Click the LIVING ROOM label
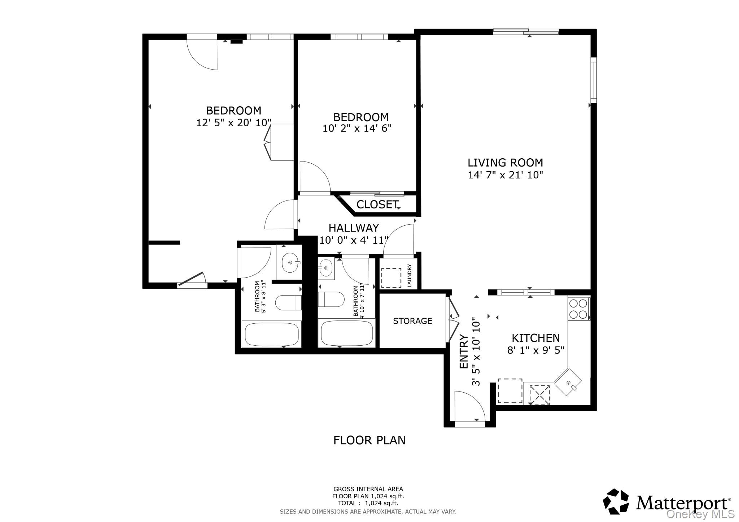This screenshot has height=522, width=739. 505,163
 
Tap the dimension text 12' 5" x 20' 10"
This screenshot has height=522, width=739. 233,123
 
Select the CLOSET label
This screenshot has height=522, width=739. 377,204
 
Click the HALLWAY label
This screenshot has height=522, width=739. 354,228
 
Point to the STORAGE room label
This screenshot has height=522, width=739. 412,321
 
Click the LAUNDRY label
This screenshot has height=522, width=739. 410,275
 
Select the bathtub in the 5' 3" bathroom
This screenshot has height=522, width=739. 271,335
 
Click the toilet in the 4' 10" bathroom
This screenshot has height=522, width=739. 331,299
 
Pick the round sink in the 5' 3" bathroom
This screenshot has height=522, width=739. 290,262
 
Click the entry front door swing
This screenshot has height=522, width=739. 469,406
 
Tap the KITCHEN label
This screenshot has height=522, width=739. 536,338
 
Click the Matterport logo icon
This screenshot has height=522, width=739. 616,501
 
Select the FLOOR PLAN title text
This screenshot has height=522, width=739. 369,440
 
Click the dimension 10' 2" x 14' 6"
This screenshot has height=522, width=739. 357,128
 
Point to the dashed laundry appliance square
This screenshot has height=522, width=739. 391,278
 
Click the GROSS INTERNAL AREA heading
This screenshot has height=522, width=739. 368,489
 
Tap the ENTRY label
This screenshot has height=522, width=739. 464,351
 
